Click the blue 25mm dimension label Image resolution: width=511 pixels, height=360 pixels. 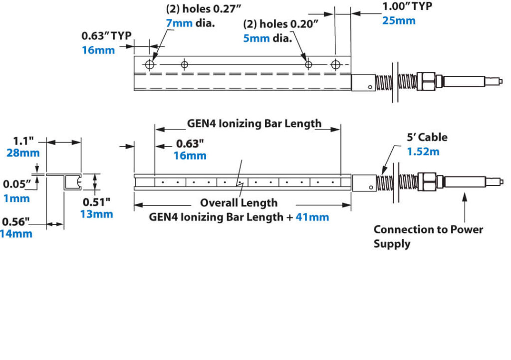399,21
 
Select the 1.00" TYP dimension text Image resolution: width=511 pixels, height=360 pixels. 407,6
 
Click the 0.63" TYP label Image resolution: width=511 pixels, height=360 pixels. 106,36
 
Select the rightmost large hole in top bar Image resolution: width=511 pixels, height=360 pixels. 337,64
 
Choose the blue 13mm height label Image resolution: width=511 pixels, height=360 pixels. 97,214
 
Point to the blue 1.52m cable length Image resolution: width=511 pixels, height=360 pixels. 423,152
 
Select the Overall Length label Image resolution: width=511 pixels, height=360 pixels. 239,203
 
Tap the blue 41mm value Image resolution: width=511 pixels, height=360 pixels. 313,217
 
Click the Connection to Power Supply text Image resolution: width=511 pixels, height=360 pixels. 428,236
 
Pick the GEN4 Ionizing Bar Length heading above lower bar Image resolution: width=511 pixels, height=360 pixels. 254,123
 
